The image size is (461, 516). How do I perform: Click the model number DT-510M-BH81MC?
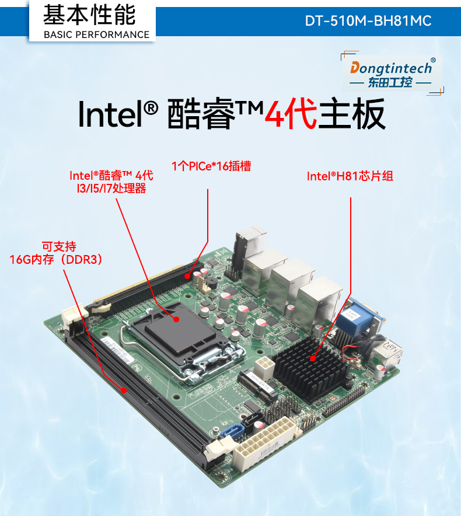pyautogui.click(x=368, y=21)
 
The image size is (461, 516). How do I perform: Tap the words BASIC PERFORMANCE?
pyautogui.click(x=97, y=34)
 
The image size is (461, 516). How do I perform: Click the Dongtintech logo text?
pyautogui.click(x=392, y=68)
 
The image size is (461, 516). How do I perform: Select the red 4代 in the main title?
pyautogui.click(x=291, y=114)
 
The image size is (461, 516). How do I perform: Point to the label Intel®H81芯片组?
pyautogui.click(x=350, y=176)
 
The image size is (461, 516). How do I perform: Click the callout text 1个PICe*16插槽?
pyautogui.click(x=211, y=166)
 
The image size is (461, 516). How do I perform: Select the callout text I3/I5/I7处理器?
pyautogui.click(x=107, y=189)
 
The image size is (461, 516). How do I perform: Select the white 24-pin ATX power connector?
pyautogui.click(x=264, y=444)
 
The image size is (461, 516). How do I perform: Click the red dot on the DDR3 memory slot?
pyautogui.click(x=124, y=389)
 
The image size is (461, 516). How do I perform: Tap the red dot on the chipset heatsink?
pyautogui.click(x=314, y=357)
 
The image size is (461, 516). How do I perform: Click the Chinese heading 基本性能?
pyautogui.click(x=89, y=15)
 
